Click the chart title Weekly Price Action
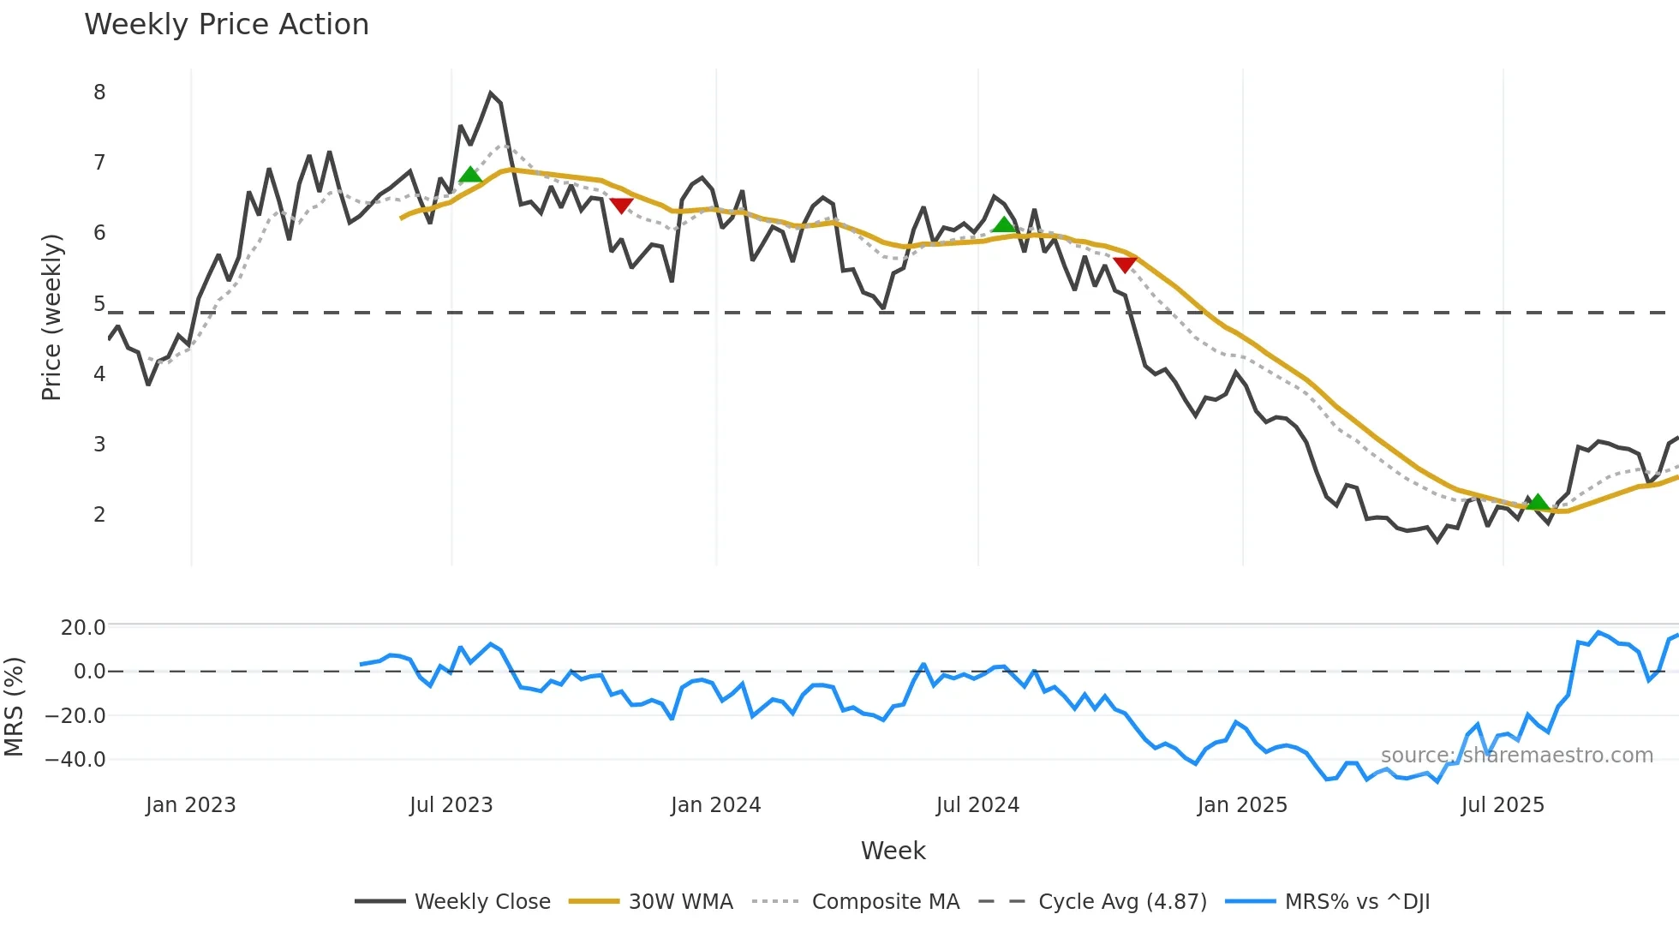[226, 25]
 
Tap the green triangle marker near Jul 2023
[470, 175]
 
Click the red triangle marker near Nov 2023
[621, 206]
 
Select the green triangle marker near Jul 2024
[1004, 225]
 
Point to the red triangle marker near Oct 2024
[1125, 266]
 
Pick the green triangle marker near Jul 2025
[1538, 502]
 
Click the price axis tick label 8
[99, 93]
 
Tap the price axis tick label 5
[99, 304]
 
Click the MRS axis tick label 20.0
[83, 628]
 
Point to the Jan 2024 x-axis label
[715, 805]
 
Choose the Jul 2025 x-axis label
[1503, 805]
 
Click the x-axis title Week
[893, 851]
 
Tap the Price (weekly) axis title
[51, 317]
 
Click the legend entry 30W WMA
[680, 902]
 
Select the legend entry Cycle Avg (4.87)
[1122, 902]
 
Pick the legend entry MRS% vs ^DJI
[1357, 902]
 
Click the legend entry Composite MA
[885, 902]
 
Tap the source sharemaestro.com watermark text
[1516, 756]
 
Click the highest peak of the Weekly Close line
[491, 93]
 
